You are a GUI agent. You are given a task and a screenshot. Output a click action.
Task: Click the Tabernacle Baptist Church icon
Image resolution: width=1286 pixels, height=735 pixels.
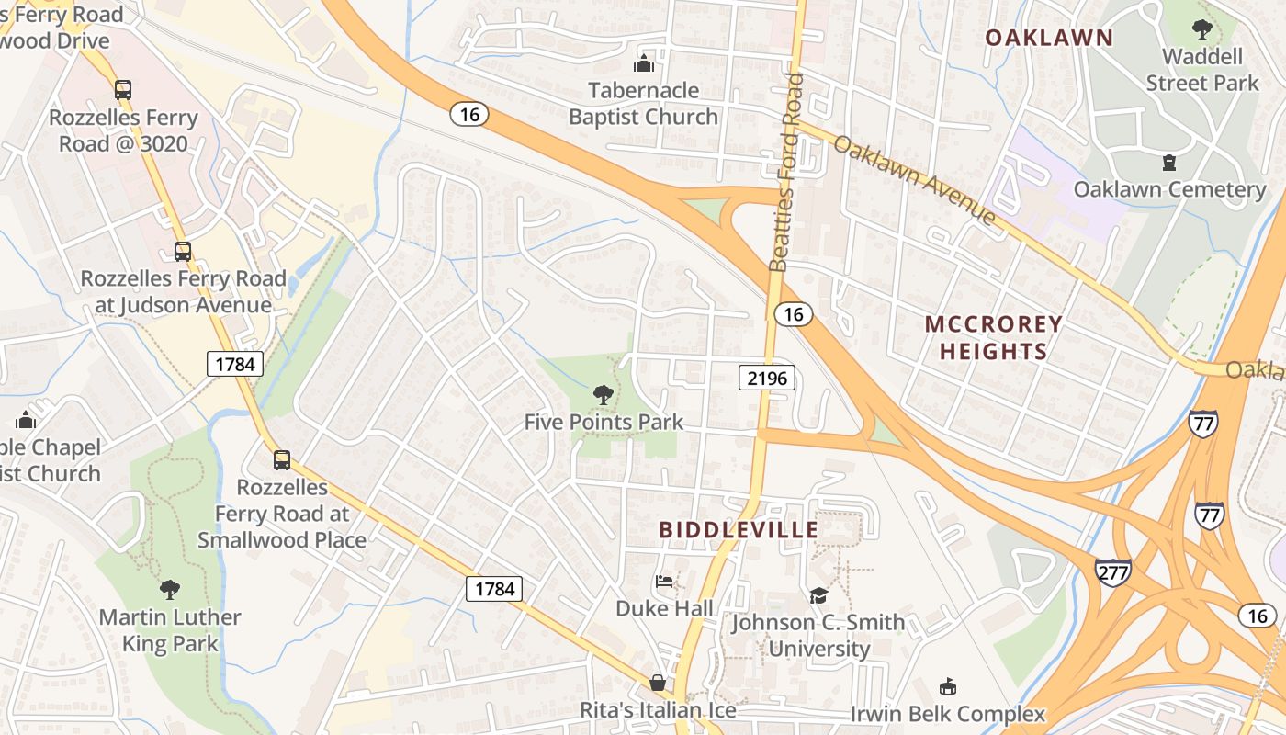tap(644, 63)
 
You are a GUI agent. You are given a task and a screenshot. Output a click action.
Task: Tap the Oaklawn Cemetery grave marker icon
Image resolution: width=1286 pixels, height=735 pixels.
tap(1168, 163)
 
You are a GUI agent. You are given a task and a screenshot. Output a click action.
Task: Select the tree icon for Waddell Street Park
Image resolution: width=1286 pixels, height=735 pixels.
tap(1201, 29)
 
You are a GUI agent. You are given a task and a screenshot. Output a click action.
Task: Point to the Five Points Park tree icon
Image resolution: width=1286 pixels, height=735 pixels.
tap(604, 395)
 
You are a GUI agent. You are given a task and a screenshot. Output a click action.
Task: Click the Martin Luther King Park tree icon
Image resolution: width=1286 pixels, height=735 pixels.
tap(169, 589)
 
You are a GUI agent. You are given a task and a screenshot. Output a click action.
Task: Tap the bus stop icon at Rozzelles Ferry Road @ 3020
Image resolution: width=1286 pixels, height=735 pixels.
tap(123, 90)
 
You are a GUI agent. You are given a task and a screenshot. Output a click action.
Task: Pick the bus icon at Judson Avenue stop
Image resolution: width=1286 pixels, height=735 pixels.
tap(183, 252)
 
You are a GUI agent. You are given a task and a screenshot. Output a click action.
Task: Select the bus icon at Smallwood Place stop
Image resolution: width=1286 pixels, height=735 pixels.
tap(282, 460)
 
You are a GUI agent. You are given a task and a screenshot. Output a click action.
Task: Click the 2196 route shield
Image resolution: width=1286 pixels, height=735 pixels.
tap(766, 378)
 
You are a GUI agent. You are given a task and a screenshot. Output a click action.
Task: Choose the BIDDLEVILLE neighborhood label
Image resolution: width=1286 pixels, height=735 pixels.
tap(739, 530)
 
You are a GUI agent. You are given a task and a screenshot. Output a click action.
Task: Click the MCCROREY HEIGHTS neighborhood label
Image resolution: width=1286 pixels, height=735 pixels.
tap(993, 337)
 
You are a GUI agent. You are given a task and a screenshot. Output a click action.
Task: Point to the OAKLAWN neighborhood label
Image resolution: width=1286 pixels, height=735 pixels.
tap(1048, 38)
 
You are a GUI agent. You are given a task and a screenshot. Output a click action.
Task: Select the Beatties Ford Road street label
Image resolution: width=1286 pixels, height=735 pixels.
tap(786, 173)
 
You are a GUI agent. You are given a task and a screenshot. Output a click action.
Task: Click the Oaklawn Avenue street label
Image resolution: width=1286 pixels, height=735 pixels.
tap(915, 182)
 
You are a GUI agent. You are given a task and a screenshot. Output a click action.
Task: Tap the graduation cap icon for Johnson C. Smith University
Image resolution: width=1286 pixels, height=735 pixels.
tap(818, 595)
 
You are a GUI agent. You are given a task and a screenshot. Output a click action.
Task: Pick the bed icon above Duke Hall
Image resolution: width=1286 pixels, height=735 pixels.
tap(663, 582)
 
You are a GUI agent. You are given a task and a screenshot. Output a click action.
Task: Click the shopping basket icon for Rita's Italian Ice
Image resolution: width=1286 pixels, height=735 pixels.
tap(658, 683)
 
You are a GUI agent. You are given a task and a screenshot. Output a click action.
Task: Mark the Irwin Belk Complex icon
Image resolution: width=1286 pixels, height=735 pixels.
tap(947, 686)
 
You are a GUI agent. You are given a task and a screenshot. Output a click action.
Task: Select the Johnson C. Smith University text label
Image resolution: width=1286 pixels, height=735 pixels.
tap(818, 636)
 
